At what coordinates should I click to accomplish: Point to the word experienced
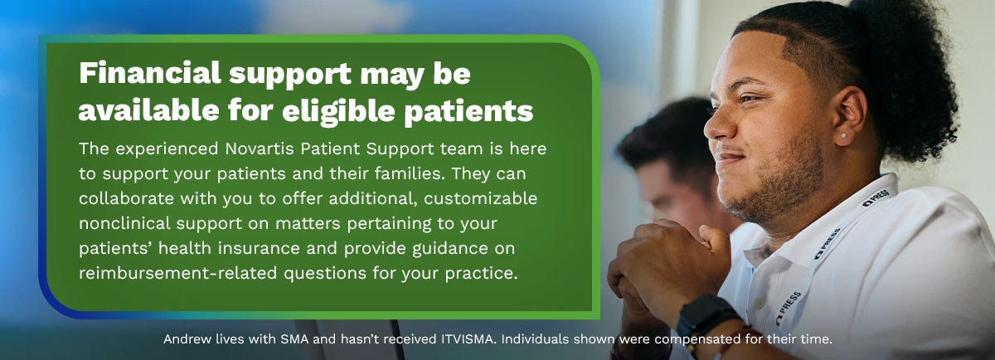[x=165, y=149]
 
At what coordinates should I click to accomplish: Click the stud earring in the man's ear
[x=844, y=135]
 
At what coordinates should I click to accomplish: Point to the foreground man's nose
[x=717, y=124]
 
